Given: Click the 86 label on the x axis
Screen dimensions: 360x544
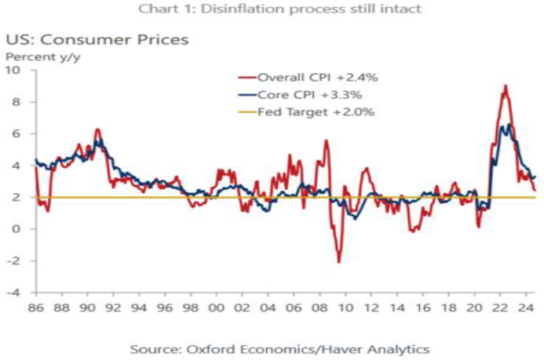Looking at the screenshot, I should click(36, 307).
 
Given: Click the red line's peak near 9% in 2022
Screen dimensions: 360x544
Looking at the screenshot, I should click(505, 85).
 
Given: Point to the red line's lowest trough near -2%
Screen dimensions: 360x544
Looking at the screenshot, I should click(338, 262).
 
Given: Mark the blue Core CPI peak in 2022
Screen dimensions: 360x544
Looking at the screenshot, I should click(509, 124).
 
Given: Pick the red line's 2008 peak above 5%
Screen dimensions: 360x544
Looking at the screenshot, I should click(327, 141).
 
